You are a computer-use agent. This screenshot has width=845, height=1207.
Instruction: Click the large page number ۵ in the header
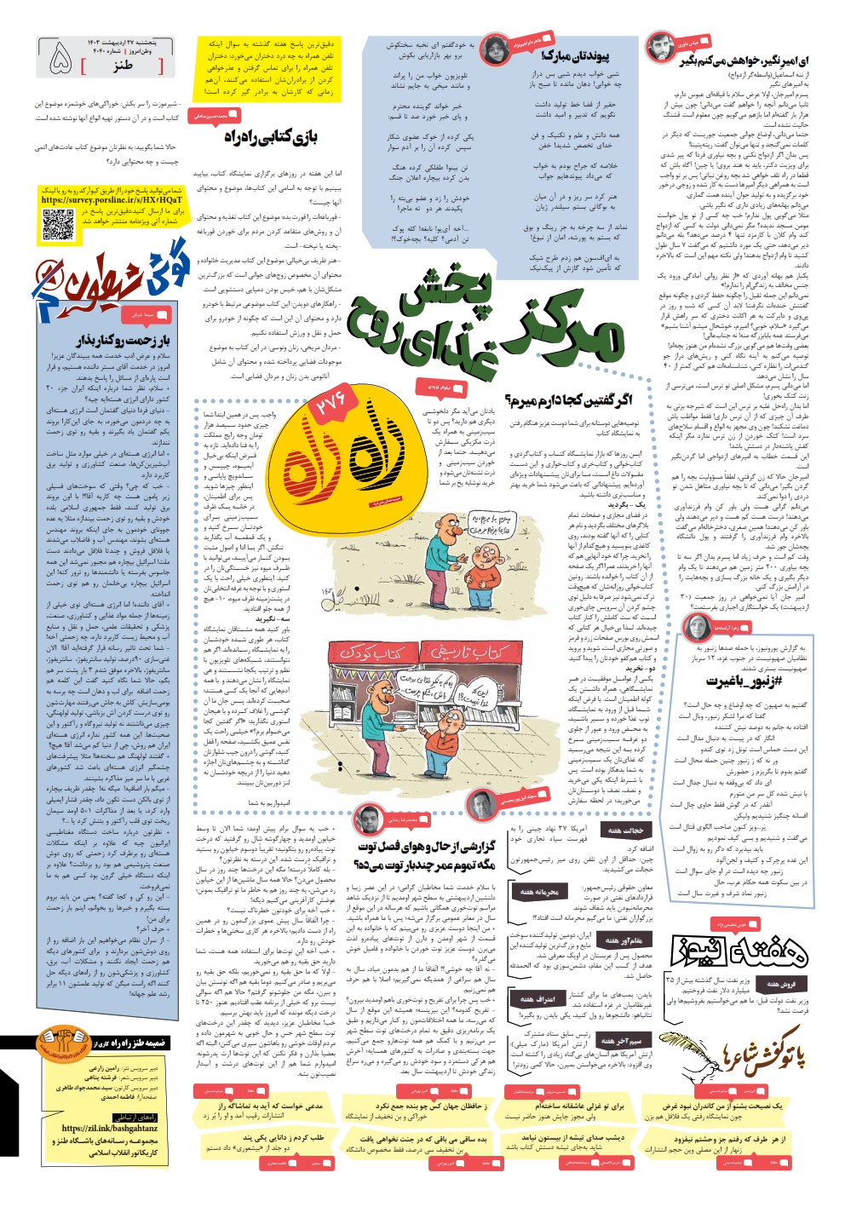61,58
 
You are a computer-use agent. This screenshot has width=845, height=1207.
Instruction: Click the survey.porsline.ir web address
112,200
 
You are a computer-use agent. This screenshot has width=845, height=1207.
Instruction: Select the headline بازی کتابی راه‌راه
270,136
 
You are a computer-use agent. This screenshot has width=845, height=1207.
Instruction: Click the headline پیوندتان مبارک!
575,57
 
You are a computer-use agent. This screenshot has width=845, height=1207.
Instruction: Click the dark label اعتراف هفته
537,998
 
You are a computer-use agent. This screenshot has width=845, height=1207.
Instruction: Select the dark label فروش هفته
780,984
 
